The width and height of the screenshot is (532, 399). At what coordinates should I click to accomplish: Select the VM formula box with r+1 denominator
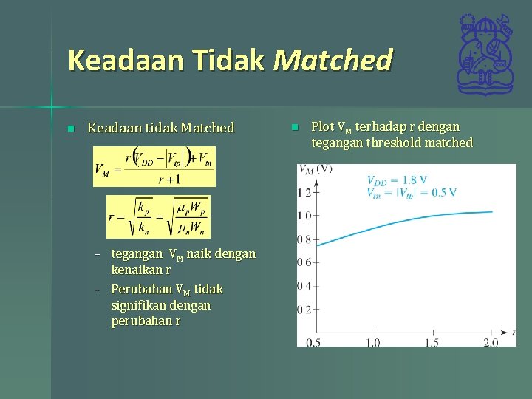point(154,166)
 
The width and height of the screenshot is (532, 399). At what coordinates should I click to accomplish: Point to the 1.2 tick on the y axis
point(304,193)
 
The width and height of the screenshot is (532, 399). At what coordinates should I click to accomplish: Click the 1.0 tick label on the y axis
point(304,216)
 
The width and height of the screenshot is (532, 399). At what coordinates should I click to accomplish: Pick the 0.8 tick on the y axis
point(304,239)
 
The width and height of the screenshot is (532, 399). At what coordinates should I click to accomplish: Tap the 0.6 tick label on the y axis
point(304,262)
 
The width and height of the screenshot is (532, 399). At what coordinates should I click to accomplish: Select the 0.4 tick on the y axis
point(304,286)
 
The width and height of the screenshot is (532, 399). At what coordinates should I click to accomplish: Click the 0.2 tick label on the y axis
point(304,309)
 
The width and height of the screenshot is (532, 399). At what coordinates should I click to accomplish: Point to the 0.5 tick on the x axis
point(313,342)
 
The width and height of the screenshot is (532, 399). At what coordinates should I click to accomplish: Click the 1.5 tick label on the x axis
point(432,342)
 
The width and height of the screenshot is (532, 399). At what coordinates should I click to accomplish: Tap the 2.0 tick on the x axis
point(490,342)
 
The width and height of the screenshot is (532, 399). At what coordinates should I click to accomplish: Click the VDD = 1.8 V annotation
point(397,180)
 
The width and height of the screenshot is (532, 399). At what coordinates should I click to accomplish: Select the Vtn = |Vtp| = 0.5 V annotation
point(411,192)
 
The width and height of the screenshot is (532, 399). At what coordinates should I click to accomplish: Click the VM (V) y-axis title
point(316,169)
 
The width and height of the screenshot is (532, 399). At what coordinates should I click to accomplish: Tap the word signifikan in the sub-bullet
point(138,305)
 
